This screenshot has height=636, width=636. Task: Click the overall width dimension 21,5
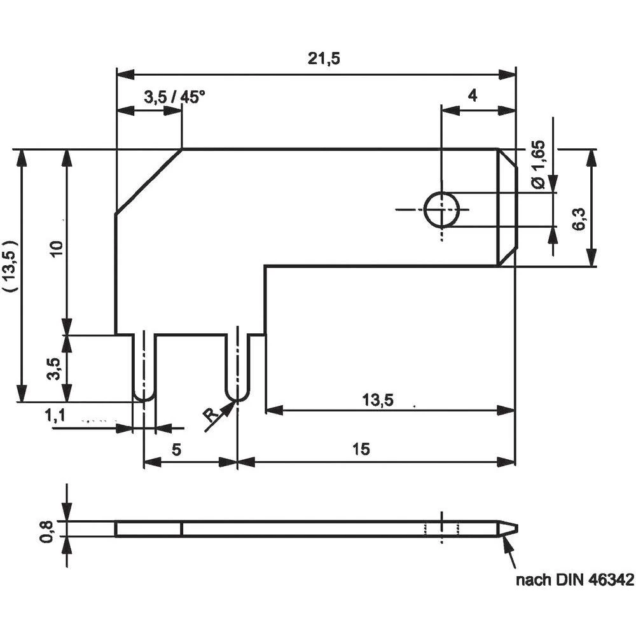(324, 59)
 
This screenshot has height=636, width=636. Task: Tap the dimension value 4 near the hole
(472, 95)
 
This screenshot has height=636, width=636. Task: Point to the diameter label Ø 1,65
(538, 165)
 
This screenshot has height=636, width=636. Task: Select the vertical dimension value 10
(57, 250)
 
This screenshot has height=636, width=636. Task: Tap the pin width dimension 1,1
(55, 416)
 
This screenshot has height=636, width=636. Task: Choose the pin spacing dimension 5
(177, 449)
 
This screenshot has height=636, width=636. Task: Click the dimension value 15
(360, 449)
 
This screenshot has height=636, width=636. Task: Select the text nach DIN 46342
(574, 580)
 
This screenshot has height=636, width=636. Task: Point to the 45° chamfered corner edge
(148, 182)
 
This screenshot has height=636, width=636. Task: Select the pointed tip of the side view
(514, 529)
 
